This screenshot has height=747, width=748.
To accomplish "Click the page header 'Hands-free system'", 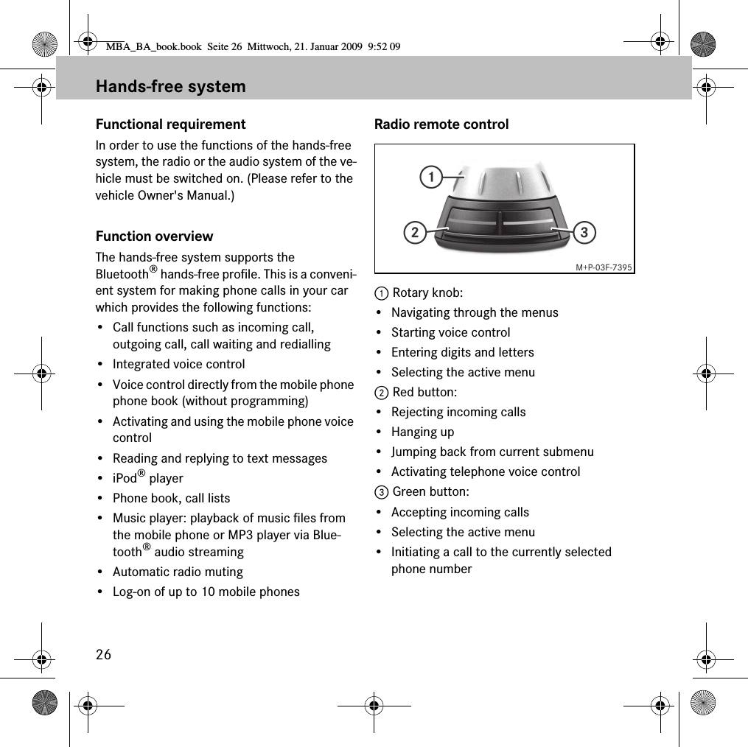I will (171, 87).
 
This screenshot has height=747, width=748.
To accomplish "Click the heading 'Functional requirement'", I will (171, 124).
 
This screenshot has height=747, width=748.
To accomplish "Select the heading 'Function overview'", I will (155, 236).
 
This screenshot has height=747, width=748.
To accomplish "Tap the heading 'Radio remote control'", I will (441, 124).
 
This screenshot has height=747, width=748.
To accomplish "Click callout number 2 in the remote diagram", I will (414, 234).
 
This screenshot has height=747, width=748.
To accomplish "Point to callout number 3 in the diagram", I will (584, 234).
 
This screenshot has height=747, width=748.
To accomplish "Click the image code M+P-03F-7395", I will (604, 267).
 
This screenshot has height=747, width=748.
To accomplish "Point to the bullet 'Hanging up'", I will (422, 432).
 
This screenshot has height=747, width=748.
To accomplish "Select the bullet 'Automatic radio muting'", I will (178, 572).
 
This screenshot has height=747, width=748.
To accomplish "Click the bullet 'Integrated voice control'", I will (178, 364).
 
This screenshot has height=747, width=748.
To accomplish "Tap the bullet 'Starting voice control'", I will (450, 332).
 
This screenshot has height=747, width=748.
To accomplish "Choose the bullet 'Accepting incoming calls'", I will (460, 512).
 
